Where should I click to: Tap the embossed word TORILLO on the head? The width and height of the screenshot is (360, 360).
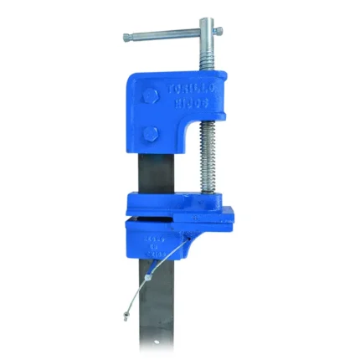pos(190,87)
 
